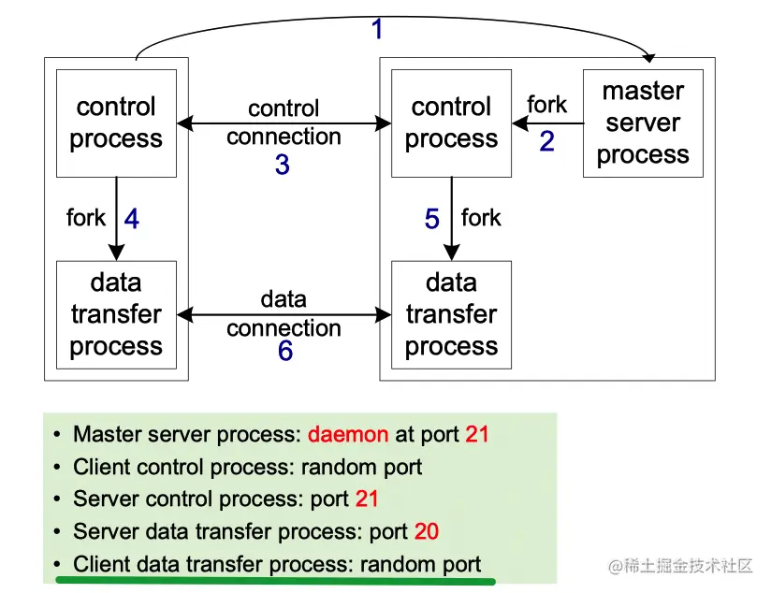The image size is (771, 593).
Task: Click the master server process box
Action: coord(642,123)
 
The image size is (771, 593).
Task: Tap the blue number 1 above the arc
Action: coord(377,30)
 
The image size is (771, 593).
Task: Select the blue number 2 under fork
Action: coord(547,141)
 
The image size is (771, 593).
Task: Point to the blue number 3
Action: coord(282,166)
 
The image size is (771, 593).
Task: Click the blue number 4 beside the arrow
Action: coord(132,219)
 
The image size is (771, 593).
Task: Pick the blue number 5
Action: coord(431,219)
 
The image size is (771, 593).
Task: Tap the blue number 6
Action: coord(284,352)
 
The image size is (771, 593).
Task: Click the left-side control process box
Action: coord(116,123)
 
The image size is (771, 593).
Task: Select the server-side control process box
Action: coord(451,123)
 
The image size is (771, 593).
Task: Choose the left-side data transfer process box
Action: coord(116,314)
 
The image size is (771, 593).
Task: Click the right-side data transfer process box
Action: coord(451,314)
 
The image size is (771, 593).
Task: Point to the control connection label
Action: coord(284,123)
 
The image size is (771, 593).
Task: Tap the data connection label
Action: coord(284,313)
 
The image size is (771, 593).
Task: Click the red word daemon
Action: coord(348,434)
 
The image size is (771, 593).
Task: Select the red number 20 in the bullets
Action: coord(426,532)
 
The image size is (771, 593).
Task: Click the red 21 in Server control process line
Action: coord(367,499)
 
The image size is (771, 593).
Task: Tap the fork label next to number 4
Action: coord(86,218)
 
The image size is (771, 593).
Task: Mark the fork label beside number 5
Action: coord(481,218)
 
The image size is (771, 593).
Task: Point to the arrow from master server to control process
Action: coord(546,123)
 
